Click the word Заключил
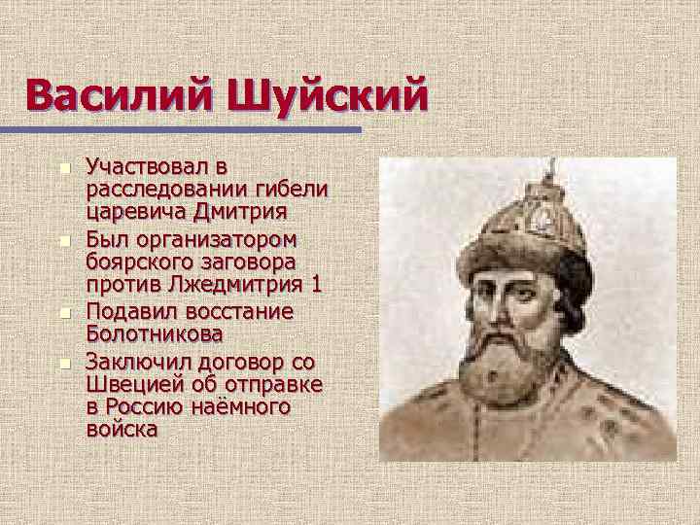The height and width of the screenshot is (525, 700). click(x=136, y=361)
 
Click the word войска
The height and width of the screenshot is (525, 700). click(x=122, y=429)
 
